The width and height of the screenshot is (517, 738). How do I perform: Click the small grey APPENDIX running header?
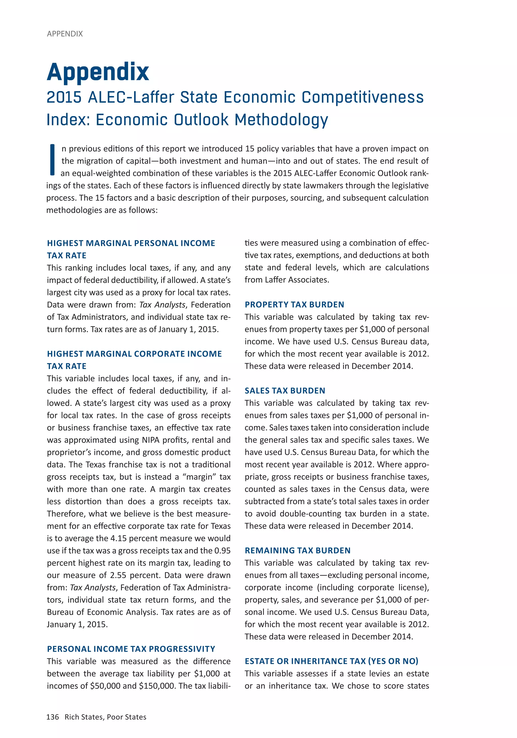[x=65, y=34]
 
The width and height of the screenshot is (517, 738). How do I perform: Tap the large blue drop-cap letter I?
[x=52, y=160]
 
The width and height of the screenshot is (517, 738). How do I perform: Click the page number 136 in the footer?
[x=53, y=717]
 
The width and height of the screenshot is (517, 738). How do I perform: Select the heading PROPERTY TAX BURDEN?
[x=294, y=305]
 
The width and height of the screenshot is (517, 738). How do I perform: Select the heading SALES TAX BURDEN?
[x=285, y=391]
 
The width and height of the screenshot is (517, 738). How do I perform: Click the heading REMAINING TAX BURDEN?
[x=297, y=551]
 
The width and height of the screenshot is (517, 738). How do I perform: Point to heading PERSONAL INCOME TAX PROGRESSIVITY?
[x=131, y=649]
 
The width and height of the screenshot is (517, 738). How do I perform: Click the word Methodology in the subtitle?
[x=281, y=120]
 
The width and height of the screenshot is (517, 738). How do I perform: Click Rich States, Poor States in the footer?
[x=105, y=717]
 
